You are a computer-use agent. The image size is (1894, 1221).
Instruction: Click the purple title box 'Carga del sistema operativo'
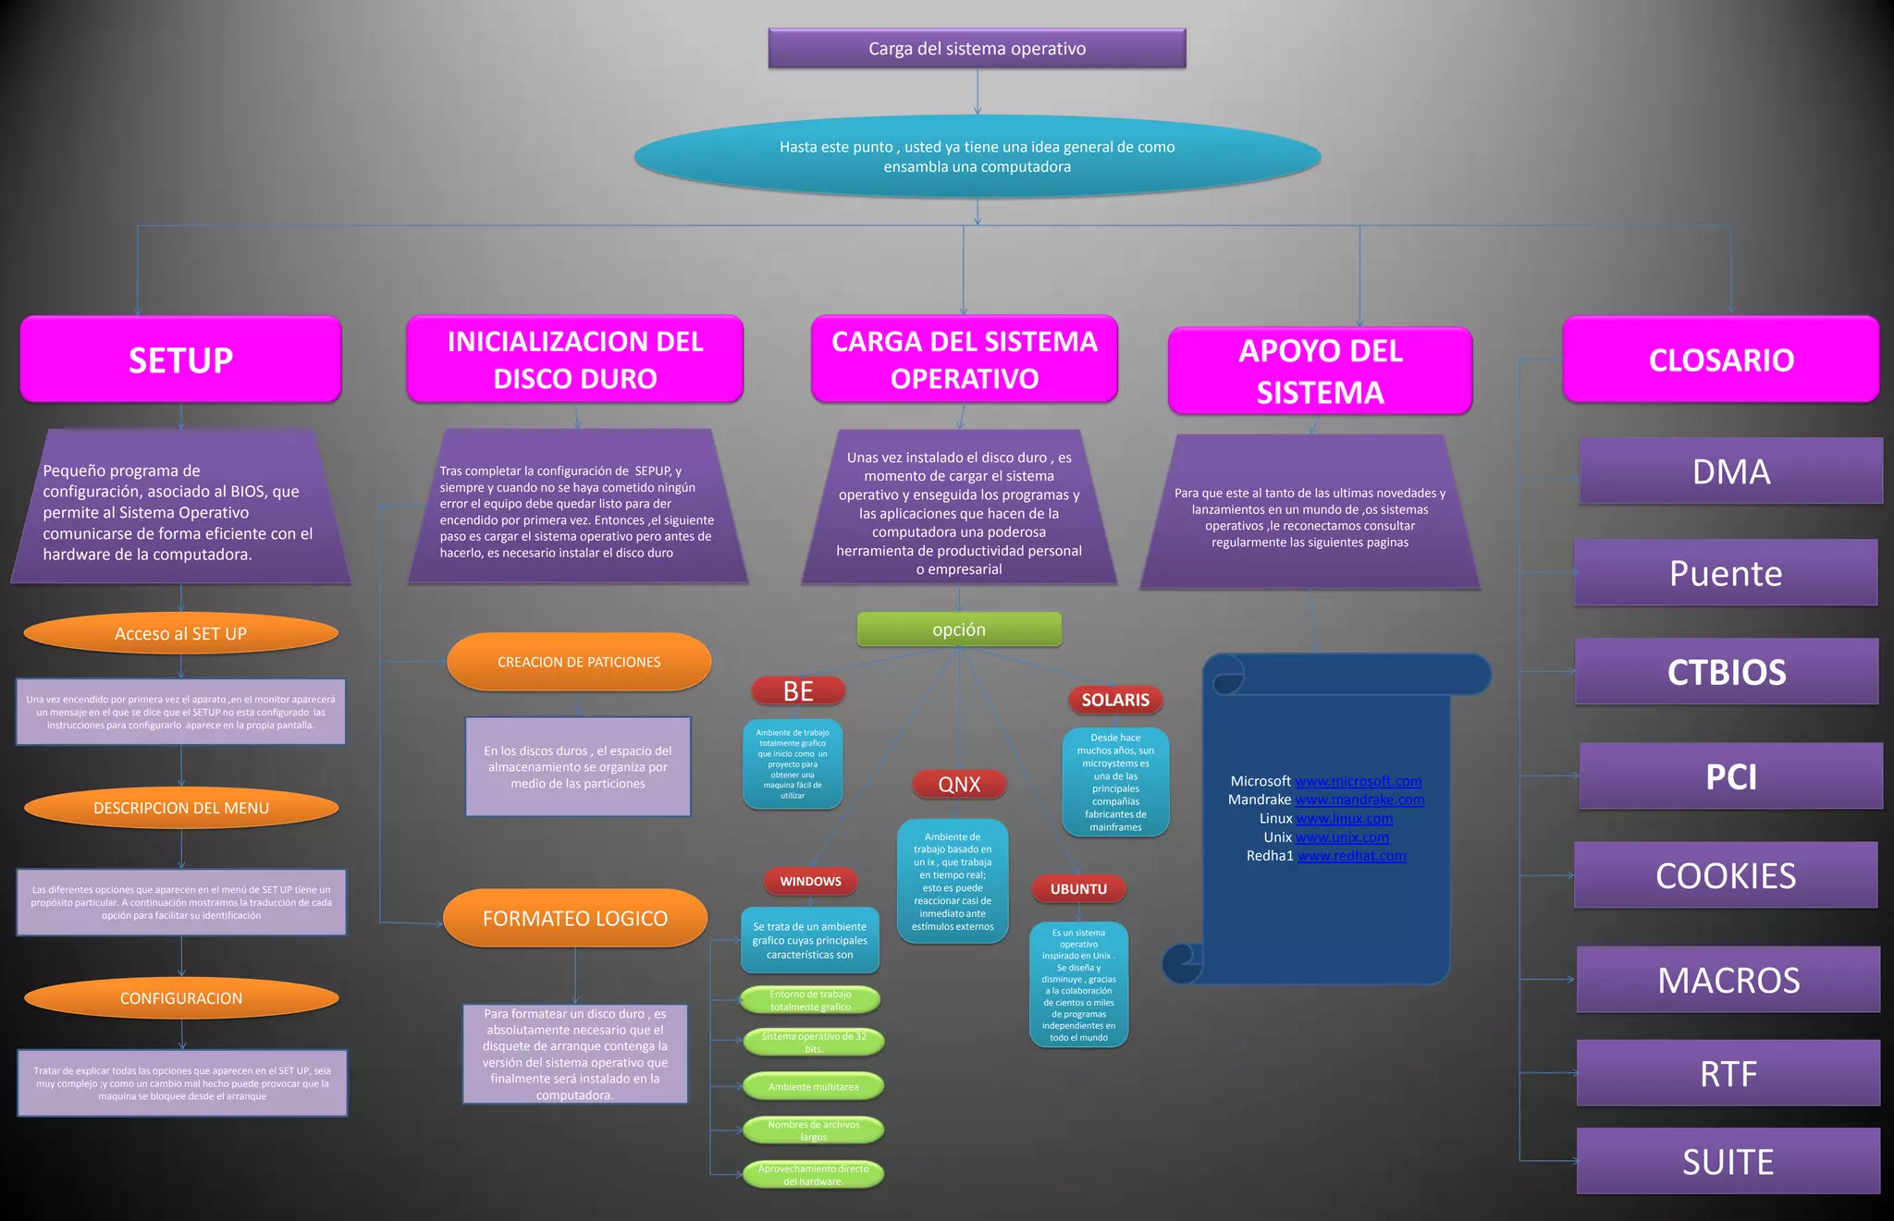tap(977, 48)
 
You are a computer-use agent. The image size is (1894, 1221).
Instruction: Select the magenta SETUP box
tap(181, 360)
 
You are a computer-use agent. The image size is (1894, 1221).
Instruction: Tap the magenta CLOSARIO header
tap(1720, 360)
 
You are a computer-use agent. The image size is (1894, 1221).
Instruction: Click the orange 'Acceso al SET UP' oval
tap(181, 634)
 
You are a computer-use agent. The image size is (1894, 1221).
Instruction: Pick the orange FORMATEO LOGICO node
tap(575, 918)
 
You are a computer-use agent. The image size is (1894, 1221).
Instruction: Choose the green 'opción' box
tap(959, 629)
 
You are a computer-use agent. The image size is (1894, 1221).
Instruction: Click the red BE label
tap(798, 691)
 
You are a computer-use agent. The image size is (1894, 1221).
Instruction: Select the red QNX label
tap(959, 785)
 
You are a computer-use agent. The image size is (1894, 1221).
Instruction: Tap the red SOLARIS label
tap(1115, 700)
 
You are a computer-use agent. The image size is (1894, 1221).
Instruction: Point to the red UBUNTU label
tap(1078, 889)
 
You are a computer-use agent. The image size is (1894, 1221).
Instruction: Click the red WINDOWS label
tap(810, 882)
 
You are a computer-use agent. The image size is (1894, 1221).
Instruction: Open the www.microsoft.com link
tap(1358, 781)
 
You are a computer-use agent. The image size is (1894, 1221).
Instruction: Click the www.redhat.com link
tap(1351, 856)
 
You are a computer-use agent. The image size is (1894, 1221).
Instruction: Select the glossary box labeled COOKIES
tap(1726, 875)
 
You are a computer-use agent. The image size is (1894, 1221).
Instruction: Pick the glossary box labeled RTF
tap(1728, 1074)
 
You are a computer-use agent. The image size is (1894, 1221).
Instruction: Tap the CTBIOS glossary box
tap(1727, 672)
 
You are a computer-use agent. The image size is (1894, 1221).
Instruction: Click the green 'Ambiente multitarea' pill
tap(813, 1087)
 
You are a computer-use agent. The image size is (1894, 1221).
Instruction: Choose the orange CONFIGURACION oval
tap(181, 998)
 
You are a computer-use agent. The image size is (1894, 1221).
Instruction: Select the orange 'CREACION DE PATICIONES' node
tap(579, 662)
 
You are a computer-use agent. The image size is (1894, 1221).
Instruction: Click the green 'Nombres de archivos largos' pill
tap(813, 1130)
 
